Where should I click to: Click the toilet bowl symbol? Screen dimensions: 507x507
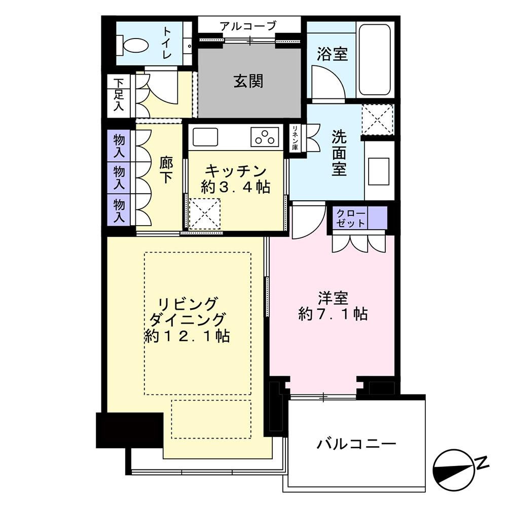click(x=133, y=45)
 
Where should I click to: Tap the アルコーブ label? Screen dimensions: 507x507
click(x=248, y=25)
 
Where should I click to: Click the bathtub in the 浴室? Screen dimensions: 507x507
click(x=375, y=60)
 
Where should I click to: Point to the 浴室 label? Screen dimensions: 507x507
click(x=332, y=54)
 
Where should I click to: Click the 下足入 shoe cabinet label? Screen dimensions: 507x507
click(x=118, y=95)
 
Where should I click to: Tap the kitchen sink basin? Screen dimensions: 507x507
click(x=205, y=137)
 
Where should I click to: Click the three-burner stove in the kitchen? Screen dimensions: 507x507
click(x=265, y=137)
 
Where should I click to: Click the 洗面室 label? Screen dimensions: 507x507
click(x=339, y=153)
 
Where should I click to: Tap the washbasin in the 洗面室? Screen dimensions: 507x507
click(x=379, y=171)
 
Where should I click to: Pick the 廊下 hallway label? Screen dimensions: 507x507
click(x=166, y=170)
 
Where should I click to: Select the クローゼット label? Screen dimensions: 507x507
click(x=351, y=218)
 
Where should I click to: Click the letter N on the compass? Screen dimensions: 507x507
click(x=483, y=463)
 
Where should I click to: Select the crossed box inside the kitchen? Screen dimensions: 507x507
click(x=204, y=214)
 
